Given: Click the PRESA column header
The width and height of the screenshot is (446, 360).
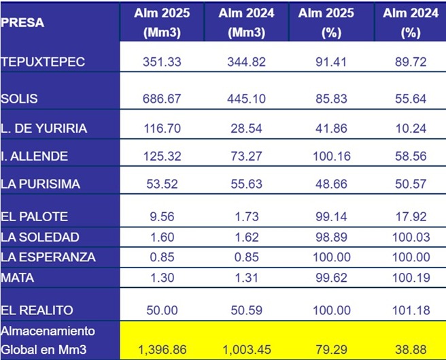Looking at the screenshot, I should click(22, 22).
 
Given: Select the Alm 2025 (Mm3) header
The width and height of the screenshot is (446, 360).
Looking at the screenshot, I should click(162, 22).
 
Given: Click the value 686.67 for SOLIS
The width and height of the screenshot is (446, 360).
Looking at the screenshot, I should click(162, 99).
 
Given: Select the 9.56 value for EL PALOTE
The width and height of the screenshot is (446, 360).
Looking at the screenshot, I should click(162, 216).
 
